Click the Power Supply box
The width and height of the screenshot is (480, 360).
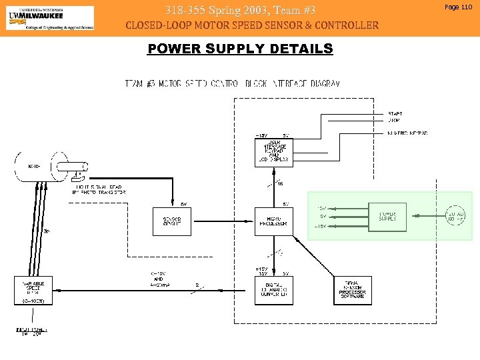pos(387,217)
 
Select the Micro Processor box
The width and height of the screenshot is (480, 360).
pos(273,221)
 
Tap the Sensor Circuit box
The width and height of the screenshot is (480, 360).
pos(172,221)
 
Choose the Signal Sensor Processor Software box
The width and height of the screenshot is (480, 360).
pos(353,290)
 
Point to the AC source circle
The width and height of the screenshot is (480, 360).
pos(455,215)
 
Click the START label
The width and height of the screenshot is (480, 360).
pos(395,114)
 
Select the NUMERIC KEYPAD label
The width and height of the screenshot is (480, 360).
pos(407,133)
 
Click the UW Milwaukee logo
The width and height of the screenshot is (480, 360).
pos(50,18)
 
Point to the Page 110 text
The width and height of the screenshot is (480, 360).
pos(457,6)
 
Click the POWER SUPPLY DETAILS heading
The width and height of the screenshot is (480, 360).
pos(240,49)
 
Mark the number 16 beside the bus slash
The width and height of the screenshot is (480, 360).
pos(280,183)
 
